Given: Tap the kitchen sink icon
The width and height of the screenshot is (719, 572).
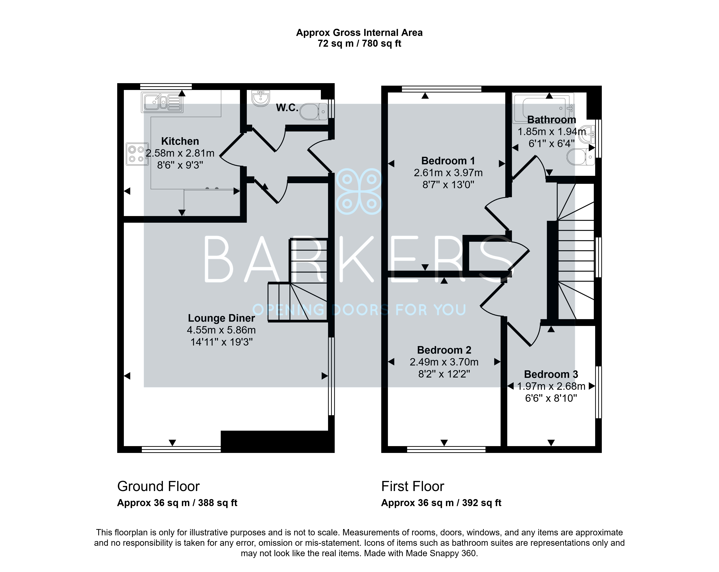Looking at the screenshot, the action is coord(162,102).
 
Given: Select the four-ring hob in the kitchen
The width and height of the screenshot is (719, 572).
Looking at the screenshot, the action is coord(137,154).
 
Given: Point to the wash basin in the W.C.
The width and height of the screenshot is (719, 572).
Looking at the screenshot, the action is coord(260,98).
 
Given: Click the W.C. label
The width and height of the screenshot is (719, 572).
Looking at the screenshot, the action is coord(287,108).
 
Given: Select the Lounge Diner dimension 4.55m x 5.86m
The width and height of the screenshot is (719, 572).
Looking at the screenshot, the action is coord(221,330).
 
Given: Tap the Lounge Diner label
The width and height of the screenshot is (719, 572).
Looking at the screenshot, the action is coord(221,318).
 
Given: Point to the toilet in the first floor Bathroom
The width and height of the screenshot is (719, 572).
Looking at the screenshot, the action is coord(581,157).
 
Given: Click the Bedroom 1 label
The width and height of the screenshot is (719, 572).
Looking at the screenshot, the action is coord(448,161).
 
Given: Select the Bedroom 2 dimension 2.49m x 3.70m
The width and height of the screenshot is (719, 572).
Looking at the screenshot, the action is coord(444,362).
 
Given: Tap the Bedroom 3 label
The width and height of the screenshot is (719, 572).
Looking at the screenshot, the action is coord(551,374).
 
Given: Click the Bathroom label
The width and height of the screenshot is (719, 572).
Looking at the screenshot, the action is coord(552,120).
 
